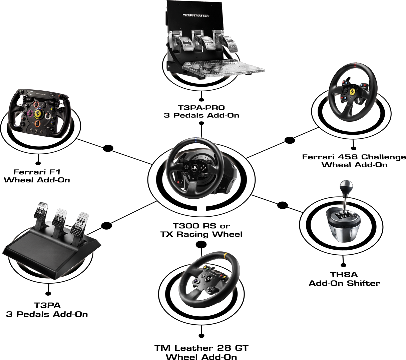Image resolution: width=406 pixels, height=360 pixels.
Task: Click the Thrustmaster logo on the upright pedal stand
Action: [195, 15]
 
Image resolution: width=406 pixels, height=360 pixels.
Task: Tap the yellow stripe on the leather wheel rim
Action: [227, 256]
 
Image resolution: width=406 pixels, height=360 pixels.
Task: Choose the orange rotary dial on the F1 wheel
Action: [38, 123]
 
